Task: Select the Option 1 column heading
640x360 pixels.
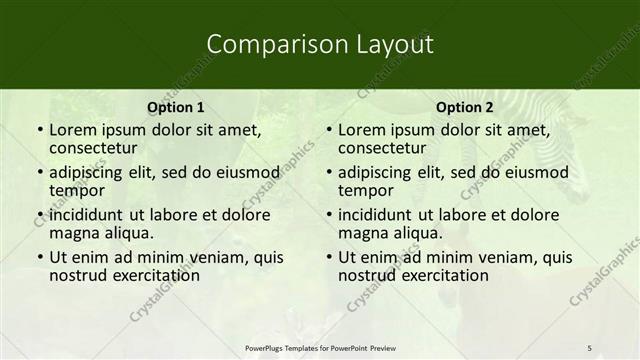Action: (x=176, y=107)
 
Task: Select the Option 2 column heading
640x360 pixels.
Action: (x=465, y=107)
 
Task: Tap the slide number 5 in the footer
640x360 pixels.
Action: (x=589, y=348)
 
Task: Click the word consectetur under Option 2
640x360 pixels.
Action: (x=382, y=149)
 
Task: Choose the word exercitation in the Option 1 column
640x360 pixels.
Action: (x=152, y=276)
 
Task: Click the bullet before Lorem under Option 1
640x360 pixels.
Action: (x=40, y=131)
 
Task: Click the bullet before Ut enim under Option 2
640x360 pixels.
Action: (x=329, y=257)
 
